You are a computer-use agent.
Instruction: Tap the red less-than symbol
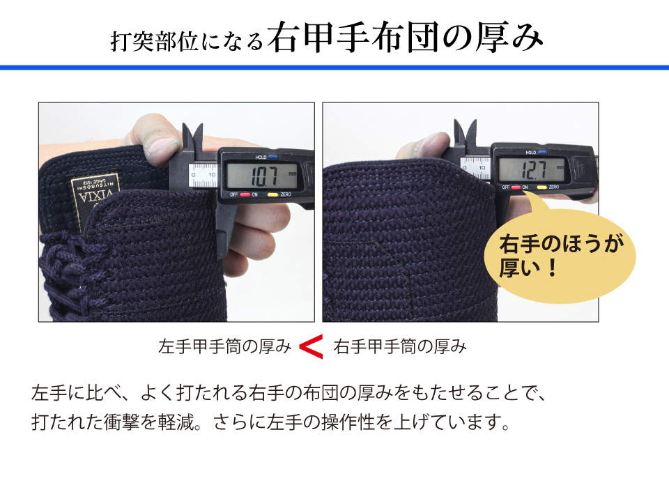(311, 346)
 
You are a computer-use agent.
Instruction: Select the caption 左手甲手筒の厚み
(225, 346)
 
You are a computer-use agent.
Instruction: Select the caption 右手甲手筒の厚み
(400, 346)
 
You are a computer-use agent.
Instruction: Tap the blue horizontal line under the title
(334, 68)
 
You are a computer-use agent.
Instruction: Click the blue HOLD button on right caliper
(541, 151)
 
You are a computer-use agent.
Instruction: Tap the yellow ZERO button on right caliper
(541, 187)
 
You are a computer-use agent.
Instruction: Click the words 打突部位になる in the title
(187, 42)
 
